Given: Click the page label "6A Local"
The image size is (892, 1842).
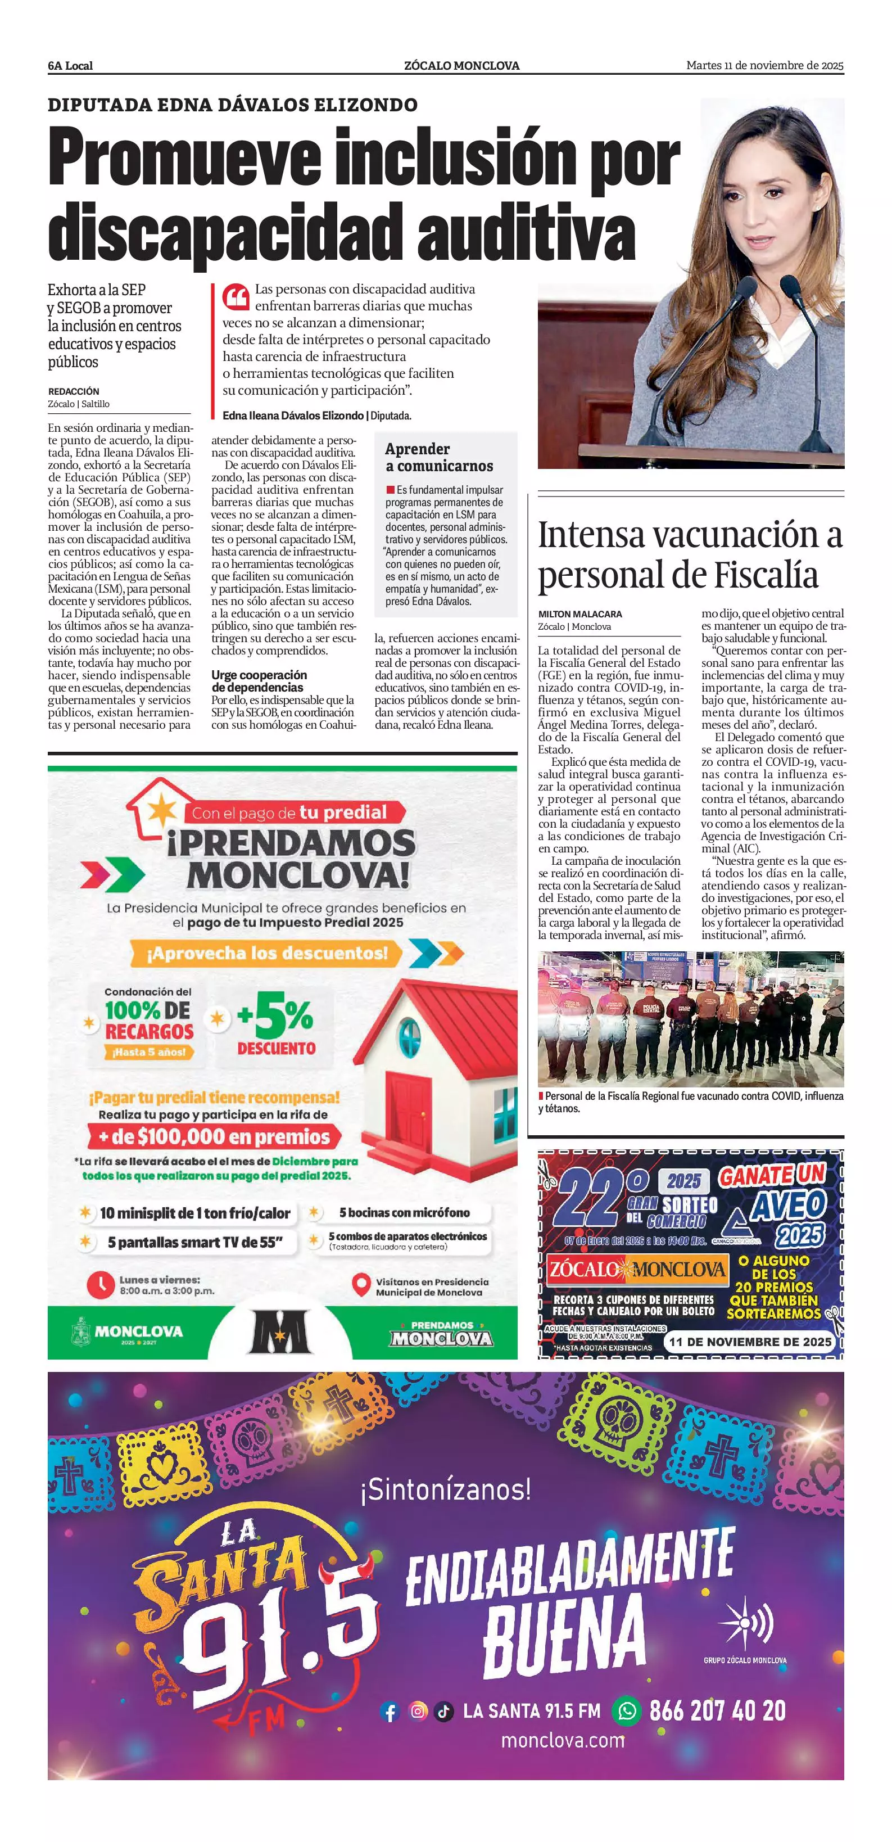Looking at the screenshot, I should click(70, 66).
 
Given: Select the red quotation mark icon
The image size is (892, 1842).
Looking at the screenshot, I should click(235, 295).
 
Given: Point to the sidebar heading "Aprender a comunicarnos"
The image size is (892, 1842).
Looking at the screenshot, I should click(438, 457).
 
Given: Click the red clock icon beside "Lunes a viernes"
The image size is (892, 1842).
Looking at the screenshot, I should click(100, 1284).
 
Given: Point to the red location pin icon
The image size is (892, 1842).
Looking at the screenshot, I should click(361, 1285).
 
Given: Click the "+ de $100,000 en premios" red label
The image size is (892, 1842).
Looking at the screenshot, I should click(214, 1136).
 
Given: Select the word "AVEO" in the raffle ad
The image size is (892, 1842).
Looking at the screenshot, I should click(789, 1208).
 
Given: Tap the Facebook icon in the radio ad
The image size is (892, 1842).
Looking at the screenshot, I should click(390, 1710).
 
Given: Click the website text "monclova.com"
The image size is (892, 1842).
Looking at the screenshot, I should click(563, 1740).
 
